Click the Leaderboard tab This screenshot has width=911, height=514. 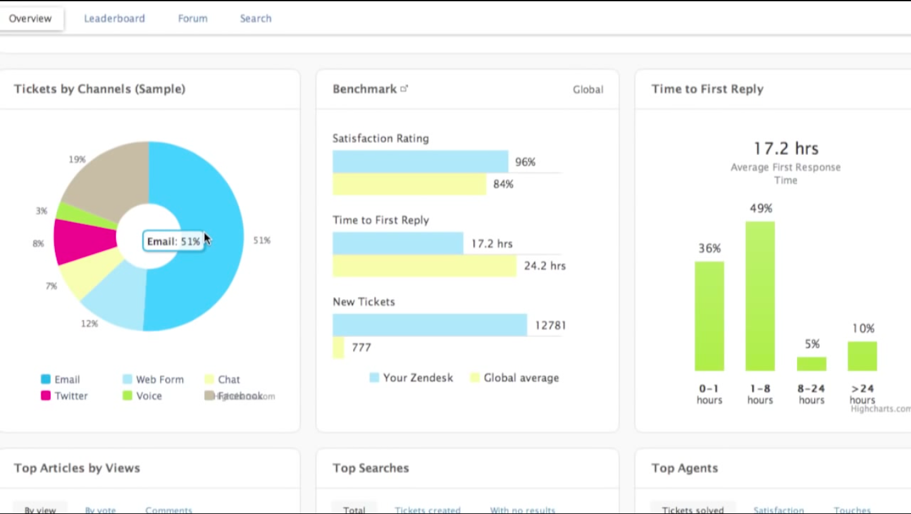point(115,18)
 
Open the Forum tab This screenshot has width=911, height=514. point(192,18)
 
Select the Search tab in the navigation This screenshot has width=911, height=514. point(256,18)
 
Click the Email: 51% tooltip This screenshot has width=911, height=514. point(173,241)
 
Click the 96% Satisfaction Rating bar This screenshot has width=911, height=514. point(420,162)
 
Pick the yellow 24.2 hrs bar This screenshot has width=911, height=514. point(424,266)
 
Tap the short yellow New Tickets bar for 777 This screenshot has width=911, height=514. point(338,347)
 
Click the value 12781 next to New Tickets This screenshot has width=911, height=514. point(550,326)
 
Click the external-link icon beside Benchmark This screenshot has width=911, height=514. point(404,89)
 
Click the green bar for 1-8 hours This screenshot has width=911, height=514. point(760,296)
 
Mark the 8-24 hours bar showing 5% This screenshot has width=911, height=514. point(811,364)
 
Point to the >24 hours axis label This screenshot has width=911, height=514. point(862,394)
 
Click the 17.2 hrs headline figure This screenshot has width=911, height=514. point(786,149)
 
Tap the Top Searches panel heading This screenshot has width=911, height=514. point(371,468)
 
